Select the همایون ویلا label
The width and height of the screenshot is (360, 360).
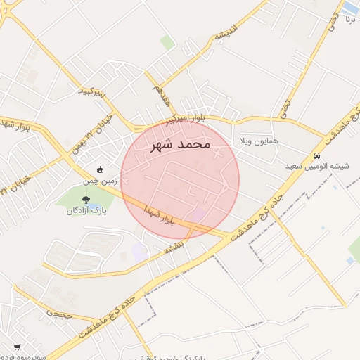tap(259, 141)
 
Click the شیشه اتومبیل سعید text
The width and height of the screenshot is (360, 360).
tap(317, 166)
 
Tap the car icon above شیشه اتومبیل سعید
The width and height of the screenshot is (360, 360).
tap(317, 155)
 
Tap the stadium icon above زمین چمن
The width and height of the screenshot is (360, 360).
tap(100, 169)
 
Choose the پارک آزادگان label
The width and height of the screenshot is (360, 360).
tap(86, 211)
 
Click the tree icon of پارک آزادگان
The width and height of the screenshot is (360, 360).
tap(86, 200)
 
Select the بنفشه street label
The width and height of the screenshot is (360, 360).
tap(174, 248)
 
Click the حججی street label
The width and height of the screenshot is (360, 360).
tap(60, 314)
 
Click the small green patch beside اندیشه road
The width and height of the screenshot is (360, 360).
tap(167, 43)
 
